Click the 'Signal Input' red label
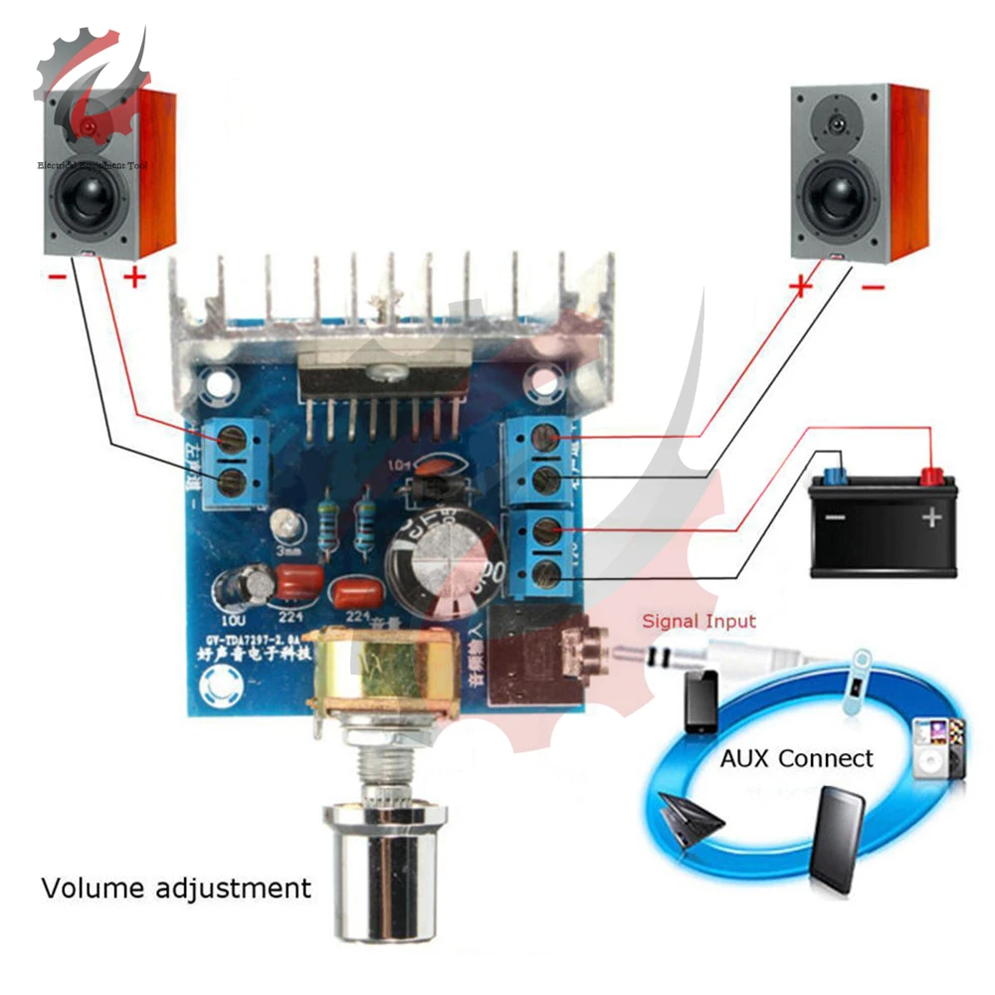point(698,622)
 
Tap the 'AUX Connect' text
point(796,758)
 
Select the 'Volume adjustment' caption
point(176,887)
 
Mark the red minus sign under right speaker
point(872,286)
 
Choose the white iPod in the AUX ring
point(929,747)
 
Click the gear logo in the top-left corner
point(90,75)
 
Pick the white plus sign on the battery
point(931,517)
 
